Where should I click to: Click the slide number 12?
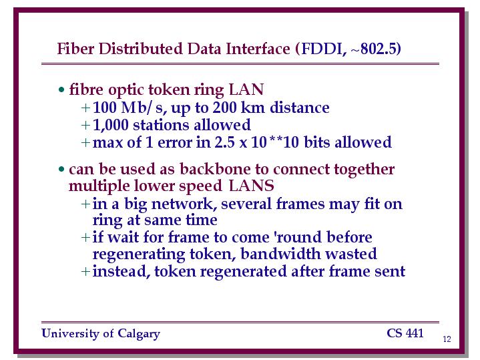click(x=447, y=339)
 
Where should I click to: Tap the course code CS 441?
click(x=405, y=333)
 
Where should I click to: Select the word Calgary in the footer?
click(x=139, y=334)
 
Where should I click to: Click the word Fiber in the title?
click(x=75, y=49)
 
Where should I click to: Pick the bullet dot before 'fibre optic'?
click(x=61, y=89)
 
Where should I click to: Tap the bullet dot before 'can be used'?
click(x=61, y=169)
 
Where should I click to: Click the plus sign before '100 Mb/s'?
click(x=85, y=108)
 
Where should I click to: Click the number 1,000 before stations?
click(x=111, y=125)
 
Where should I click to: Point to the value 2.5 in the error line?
click(x=225, y=142)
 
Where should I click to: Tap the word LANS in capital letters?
click(x=251, y=186)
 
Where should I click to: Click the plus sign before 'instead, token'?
click(x=85, y=271)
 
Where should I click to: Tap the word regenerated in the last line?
click(x=244, y=272)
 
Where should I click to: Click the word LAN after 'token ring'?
click(x=246, y=89)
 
